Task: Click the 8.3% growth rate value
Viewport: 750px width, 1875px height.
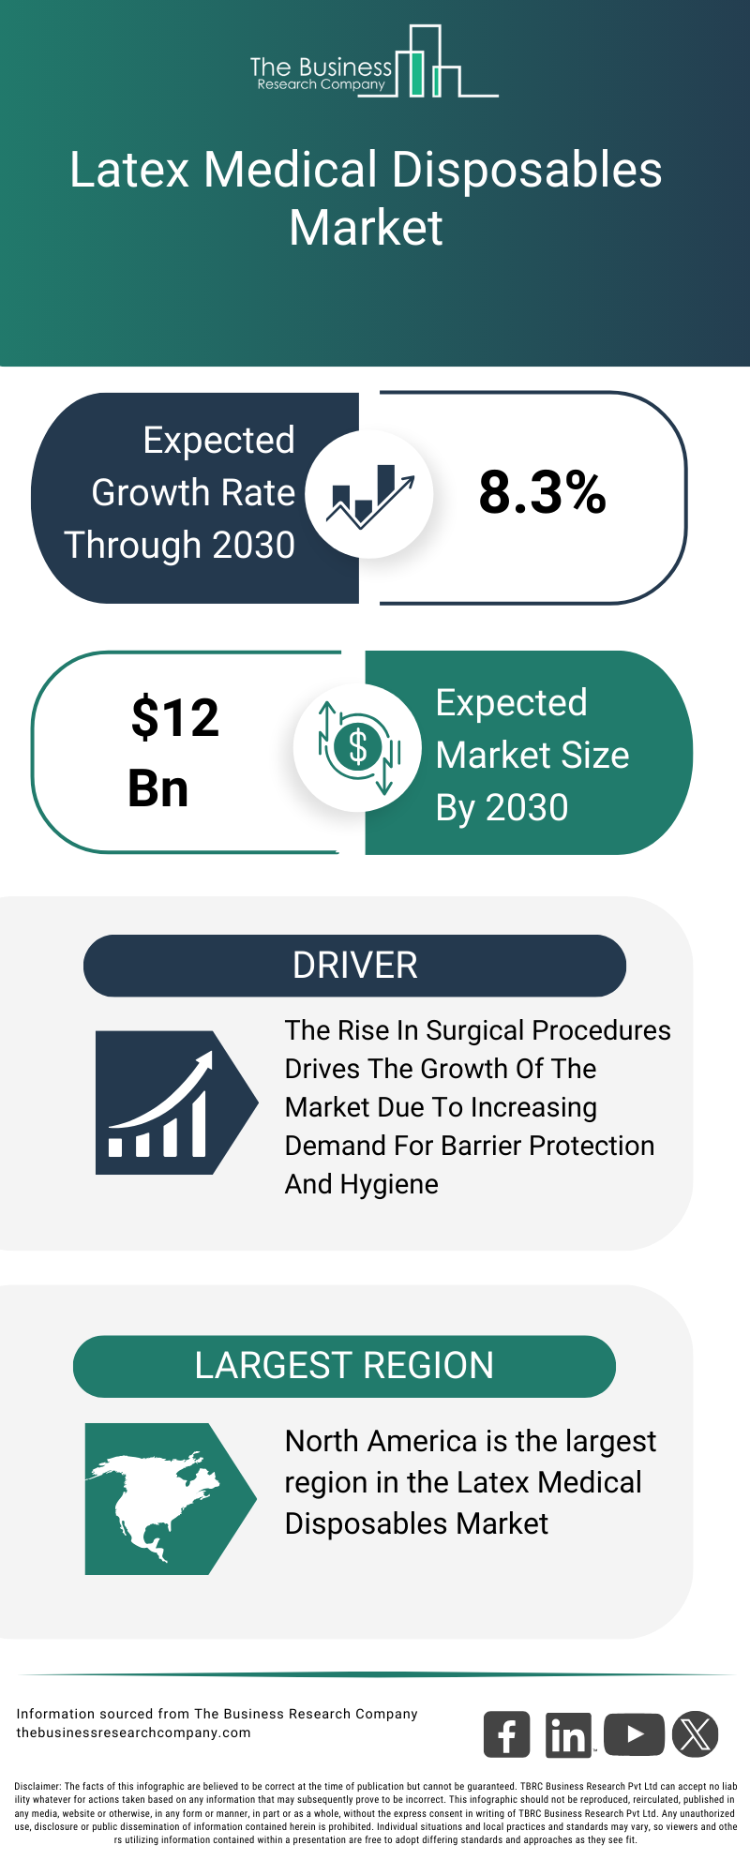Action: (x=542, y=492)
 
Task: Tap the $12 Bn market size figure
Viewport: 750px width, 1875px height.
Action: (x=173, y=752)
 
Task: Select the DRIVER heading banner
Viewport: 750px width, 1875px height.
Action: (x=354, y=966)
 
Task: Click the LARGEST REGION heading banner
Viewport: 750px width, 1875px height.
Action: (x=344, y=1366)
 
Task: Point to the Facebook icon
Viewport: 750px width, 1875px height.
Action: (x=506, y=1734)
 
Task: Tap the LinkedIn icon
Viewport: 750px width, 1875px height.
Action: (x=568, y=1734)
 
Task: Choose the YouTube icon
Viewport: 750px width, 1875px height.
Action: (x=634, y=1734)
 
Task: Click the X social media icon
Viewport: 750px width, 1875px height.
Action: (x=695, y=1734)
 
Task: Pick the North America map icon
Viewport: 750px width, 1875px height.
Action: (x=159, y=1498)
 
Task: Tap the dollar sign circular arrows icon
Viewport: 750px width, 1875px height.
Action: (x=358, y=748)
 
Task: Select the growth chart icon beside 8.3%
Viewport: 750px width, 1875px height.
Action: (x=369, y=493)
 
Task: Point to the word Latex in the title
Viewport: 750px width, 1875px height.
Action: (x=129, y=171)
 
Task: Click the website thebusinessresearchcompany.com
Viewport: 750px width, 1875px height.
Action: (x=133, y=1732)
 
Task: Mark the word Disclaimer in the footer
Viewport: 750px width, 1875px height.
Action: (x=37, y=1787)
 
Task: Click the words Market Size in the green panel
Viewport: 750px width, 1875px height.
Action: (x=532, y=756)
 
